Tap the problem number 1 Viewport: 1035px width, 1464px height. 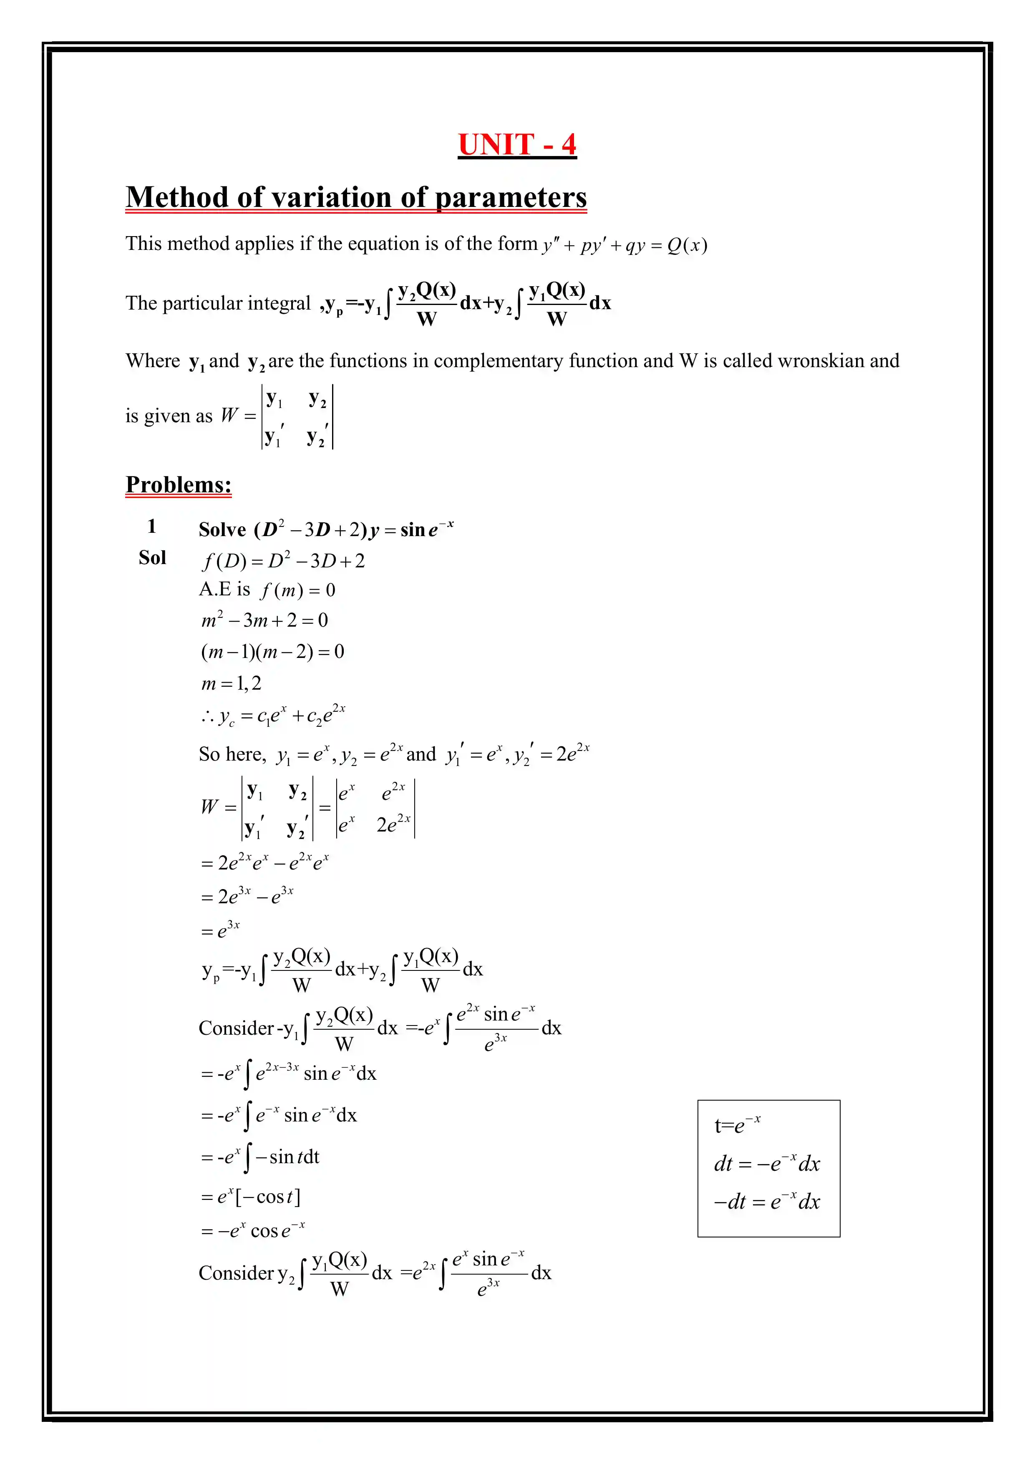[152, 526]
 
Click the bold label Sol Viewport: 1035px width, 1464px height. [152, 558]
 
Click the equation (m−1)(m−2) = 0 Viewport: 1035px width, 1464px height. [272, 652]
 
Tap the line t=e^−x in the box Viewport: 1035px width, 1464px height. [737, 1125]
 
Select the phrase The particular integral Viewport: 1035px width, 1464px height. [217, 303]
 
